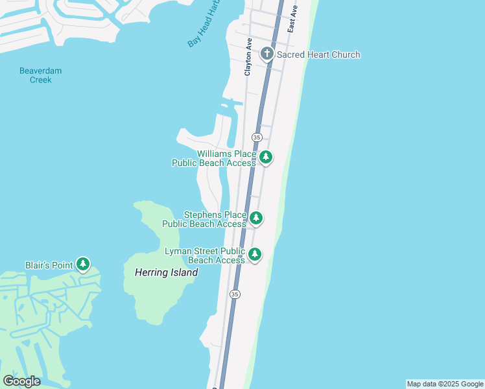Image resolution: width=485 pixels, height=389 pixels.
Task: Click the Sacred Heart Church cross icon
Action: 266,54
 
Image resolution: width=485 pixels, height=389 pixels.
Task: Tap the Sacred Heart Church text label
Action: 318,54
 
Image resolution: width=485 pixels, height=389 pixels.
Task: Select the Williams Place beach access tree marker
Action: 265,157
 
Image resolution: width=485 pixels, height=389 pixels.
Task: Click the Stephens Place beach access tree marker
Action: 256,218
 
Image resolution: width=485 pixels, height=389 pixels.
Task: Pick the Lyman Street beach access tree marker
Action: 255,254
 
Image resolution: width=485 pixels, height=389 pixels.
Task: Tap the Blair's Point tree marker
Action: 82,264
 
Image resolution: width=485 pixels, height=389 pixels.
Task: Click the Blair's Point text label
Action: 49,265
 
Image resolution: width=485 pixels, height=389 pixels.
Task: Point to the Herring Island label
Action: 166,273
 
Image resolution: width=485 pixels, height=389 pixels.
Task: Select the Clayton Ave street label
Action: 248,56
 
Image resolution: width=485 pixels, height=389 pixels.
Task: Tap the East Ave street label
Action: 293,19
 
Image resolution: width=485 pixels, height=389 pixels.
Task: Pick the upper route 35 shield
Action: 257,137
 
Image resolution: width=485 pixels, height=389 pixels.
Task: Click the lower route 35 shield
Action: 234,294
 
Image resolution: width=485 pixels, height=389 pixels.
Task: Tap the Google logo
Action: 21,381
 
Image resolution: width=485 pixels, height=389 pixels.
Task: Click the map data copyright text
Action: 445,384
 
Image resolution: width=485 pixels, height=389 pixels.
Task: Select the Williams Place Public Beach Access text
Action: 214,158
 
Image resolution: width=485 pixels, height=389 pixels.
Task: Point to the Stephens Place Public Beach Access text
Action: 204,219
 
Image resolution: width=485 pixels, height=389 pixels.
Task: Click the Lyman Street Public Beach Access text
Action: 205,255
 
